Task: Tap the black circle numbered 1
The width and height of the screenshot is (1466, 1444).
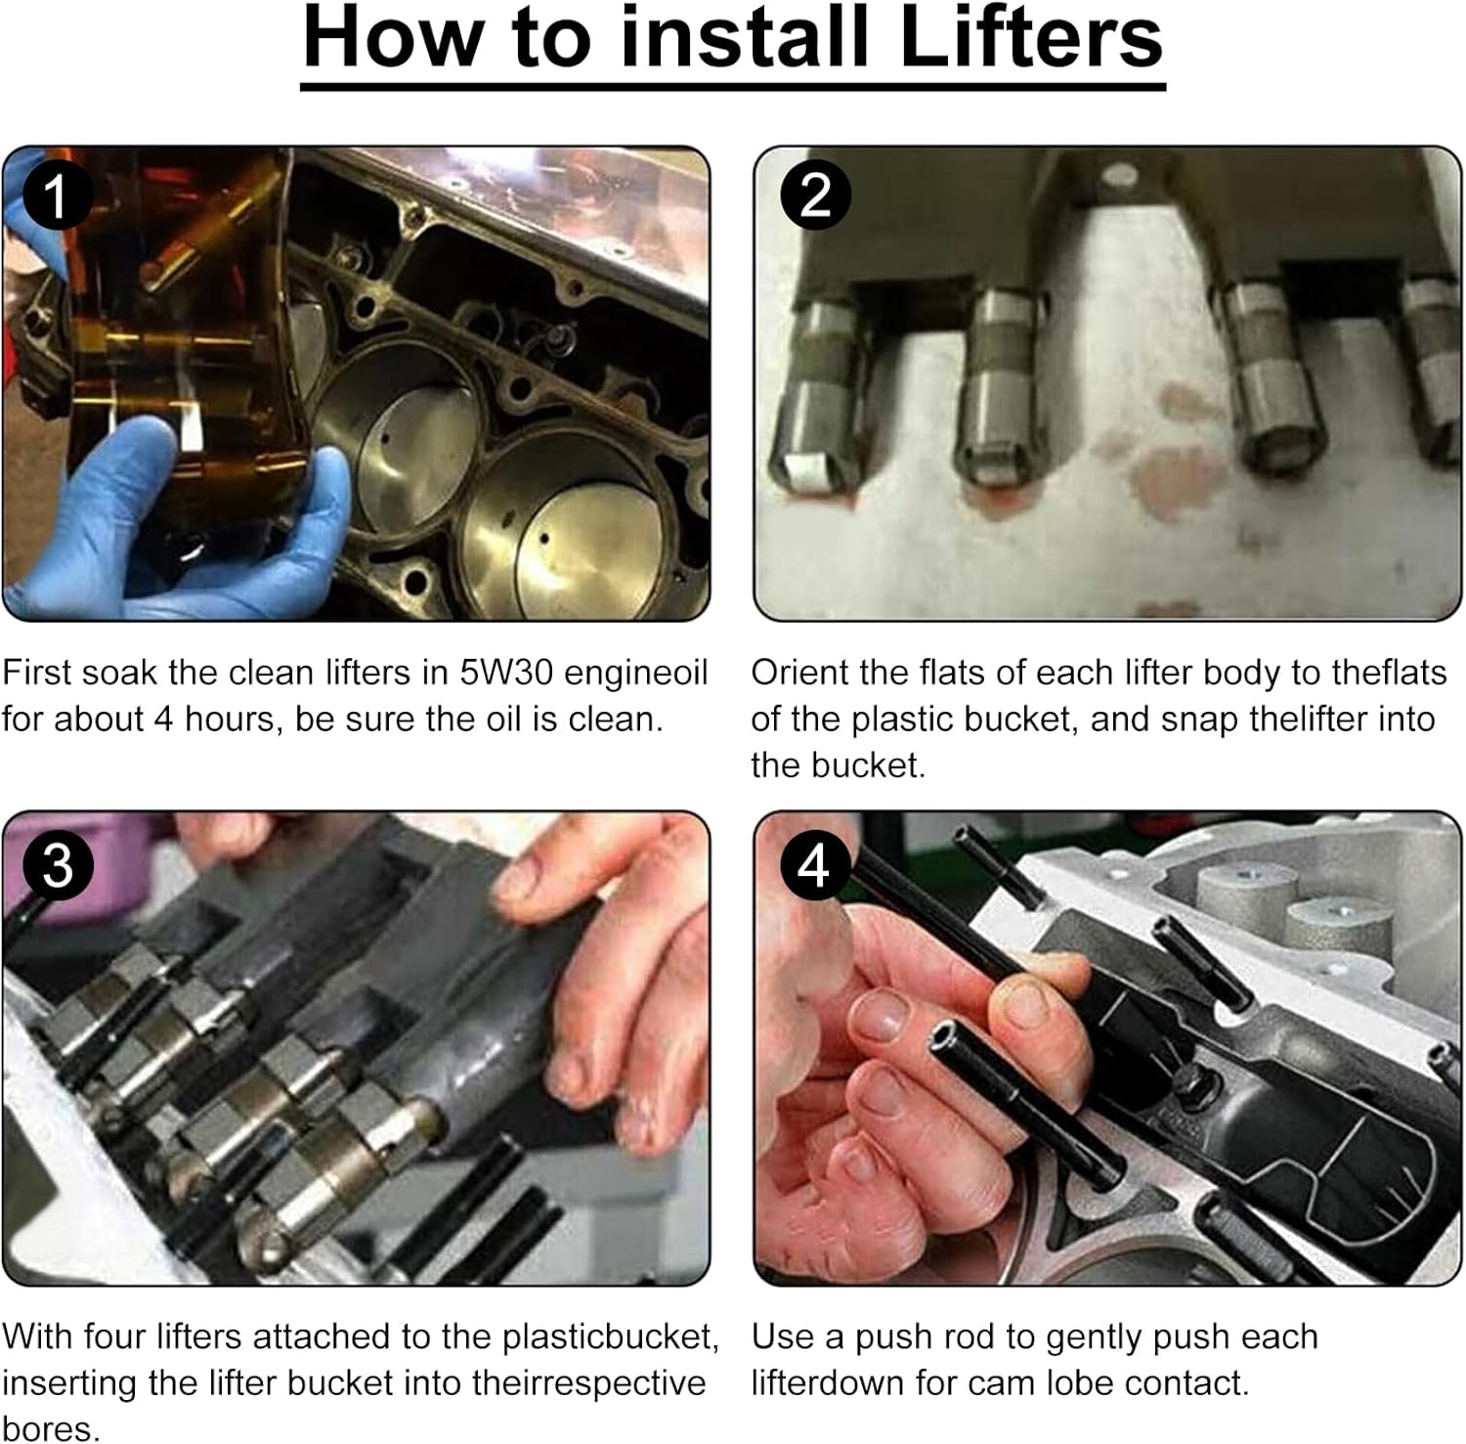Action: (x=58, y=196)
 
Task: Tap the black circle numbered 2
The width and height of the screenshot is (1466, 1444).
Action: (x=815, y=196)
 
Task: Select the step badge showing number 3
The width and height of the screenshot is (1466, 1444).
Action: (x=58, y=865)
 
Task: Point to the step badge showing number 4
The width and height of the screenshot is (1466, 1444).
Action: (x=814, y=865)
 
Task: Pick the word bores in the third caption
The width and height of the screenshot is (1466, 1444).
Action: (x=51, y=1428)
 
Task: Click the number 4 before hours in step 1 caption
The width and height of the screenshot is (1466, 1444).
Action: (x=162, y=720)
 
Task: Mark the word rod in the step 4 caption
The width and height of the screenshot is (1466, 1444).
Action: (x=1011, y=1336)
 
